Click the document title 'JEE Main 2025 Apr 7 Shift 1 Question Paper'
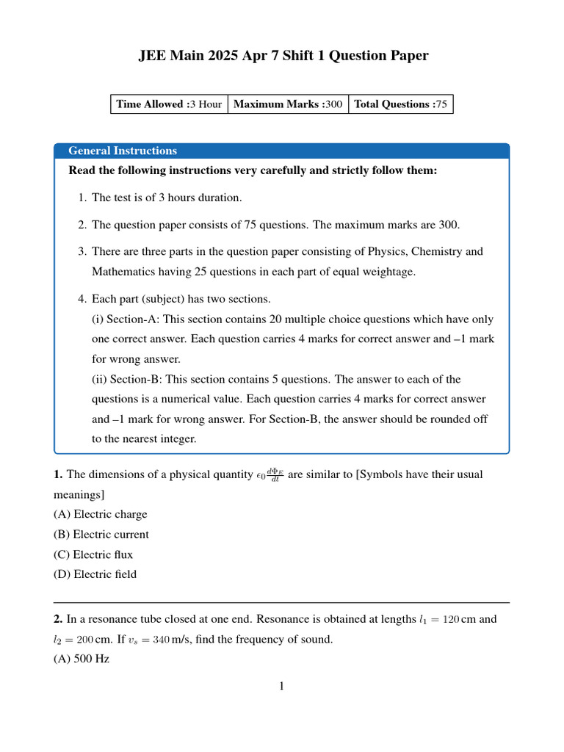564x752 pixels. tap(283, 56)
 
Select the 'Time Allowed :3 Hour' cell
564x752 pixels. tap(169, 104)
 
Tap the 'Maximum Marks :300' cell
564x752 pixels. tap(288, 104)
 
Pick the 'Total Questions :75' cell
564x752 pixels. tap(400, 104)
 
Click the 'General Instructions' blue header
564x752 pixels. tap(123, 151)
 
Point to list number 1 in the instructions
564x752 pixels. tap(82, 198)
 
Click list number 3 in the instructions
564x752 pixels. tap(82, 251)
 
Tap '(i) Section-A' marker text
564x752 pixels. tap(126, 319)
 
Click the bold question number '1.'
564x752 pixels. tap(58, 474)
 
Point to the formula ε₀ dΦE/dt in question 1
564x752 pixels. tap(270, 474)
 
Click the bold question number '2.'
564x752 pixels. tap(58, 619)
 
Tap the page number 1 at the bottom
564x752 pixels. tap(281, 687)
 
